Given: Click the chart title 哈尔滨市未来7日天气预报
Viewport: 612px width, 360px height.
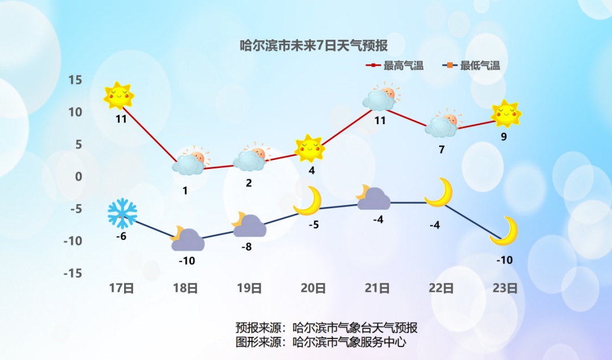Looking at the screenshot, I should coord(314,45).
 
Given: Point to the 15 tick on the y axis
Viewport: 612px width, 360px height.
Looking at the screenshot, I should coord(75,80).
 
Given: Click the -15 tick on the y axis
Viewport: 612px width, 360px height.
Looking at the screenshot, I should coord(72,274).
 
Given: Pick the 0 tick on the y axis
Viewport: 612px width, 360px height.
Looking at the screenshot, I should coord(79,176).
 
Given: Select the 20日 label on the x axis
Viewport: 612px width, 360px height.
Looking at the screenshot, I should coord(313,288).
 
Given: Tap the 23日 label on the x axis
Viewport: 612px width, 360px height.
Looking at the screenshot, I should coord(505,288).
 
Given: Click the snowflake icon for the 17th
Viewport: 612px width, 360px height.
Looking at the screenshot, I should coord(122,214).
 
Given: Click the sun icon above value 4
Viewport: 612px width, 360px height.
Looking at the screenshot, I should coord(309,149).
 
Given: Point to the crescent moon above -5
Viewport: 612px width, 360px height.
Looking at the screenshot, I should coord(308,201).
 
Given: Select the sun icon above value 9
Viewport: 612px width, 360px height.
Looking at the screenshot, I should coord(505,115).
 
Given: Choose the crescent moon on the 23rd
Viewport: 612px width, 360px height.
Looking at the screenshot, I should coord(504,231).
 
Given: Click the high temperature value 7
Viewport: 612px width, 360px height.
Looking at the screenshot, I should coord(441,150).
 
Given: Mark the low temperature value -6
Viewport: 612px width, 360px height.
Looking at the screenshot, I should coord(121,236).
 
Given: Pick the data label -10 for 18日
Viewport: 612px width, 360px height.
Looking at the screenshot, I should coord(186,261).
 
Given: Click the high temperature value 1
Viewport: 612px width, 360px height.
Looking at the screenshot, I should coord(185,191).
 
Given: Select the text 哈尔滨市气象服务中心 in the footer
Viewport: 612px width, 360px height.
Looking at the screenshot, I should coord(349,342).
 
